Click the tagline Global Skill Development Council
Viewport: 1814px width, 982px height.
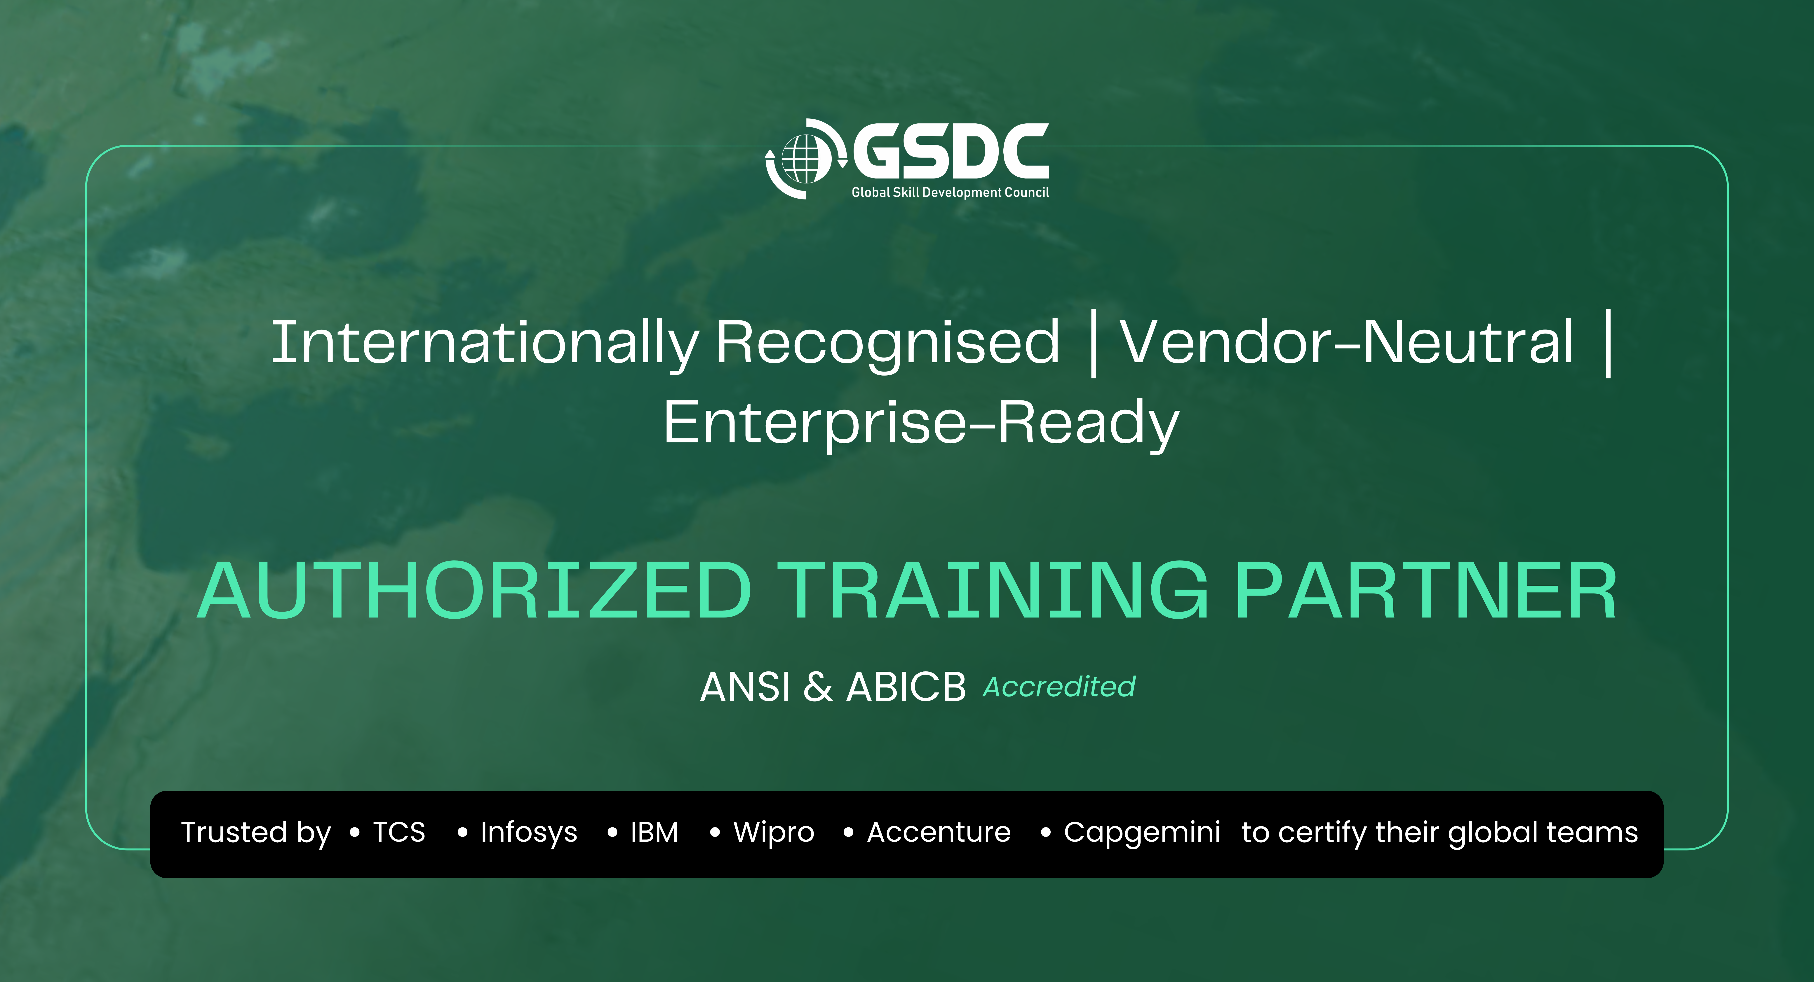(950, 192)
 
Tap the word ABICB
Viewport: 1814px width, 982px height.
(906, 687)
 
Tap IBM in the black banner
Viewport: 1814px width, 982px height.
(654, 832)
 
